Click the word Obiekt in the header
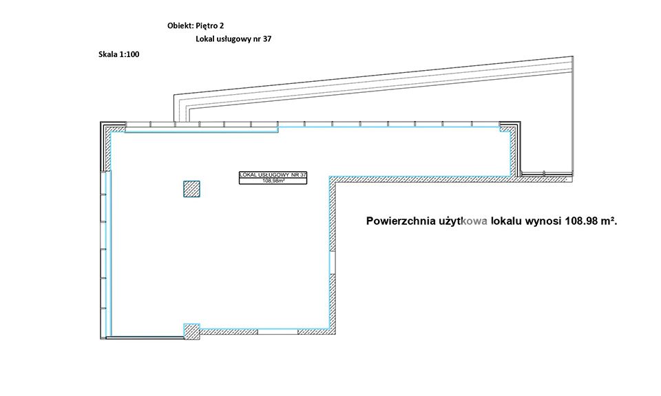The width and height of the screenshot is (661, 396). [180, 25]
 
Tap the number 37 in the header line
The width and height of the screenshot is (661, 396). [267, 39]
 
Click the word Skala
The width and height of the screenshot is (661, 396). [107, 54]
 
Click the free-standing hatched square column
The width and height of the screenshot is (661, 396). [191, 189]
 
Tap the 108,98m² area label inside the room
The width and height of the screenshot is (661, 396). [273, 181]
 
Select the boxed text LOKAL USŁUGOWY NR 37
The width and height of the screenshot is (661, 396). [273, 175]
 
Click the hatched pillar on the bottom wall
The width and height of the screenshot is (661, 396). [191, 331]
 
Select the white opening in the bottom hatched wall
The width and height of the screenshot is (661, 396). [277, 331]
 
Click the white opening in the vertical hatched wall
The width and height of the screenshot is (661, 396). [333, 262]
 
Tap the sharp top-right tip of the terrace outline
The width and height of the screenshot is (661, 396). [573, 56]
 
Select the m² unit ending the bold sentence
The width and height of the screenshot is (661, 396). [607, 221]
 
